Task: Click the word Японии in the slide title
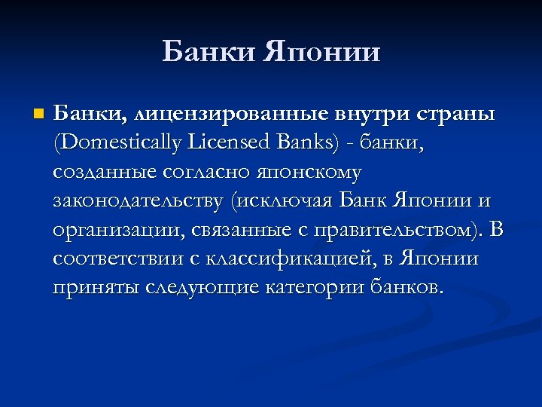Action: pos(323,53)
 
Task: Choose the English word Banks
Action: pos(310,143)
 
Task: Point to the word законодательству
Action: pos(139,201)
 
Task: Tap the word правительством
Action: pos(392,229)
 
